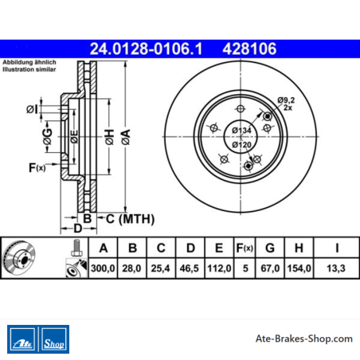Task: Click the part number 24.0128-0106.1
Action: (x=146, y=49)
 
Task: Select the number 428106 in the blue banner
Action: (x=249, y=49)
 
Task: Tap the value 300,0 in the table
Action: (x=103, y=268)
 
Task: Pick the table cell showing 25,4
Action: (x=160, y=268)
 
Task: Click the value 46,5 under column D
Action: (x=190, y=268)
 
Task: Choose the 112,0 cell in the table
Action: (x=219, y=268)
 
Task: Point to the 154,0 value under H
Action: (x=299, y=268)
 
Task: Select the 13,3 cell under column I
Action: (x=336, y=268)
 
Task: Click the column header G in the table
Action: (x=270, y=248)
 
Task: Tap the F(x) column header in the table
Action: (x=245, y=248)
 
